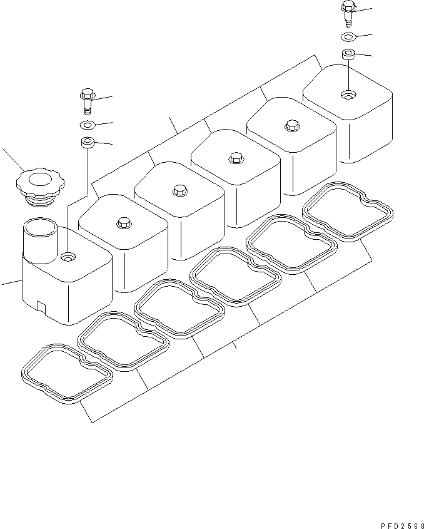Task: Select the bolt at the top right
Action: [x=348, y=11]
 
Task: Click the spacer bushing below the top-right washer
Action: [x=348, y=54]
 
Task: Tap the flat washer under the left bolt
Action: [x=87, y=125]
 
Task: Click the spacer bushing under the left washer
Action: [x=87, y=143]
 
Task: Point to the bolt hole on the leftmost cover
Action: [x=68, y=257]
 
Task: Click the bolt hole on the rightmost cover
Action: [x=347, y=95]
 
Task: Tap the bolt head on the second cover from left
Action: [x=123, y=222]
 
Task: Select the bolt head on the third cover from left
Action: [x=179, y=189]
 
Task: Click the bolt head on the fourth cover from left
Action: [x=235, y=157]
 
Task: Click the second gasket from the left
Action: [x=123, y=340]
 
